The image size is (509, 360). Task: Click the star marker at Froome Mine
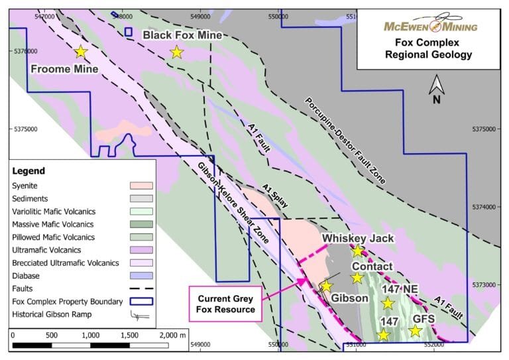81,52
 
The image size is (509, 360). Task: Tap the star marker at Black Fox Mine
176,52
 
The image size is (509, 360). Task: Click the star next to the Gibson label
326,286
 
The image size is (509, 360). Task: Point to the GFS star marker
416,330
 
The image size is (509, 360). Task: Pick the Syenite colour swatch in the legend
140,186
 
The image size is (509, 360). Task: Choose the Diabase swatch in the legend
140,276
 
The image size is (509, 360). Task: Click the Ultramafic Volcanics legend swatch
140,250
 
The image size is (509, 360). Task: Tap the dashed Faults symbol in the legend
140,289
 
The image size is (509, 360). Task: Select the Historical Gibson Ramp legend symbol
140,315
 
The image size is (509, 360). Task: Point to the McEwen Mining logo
431,25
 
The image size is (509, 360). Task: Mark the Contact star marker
357,278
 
